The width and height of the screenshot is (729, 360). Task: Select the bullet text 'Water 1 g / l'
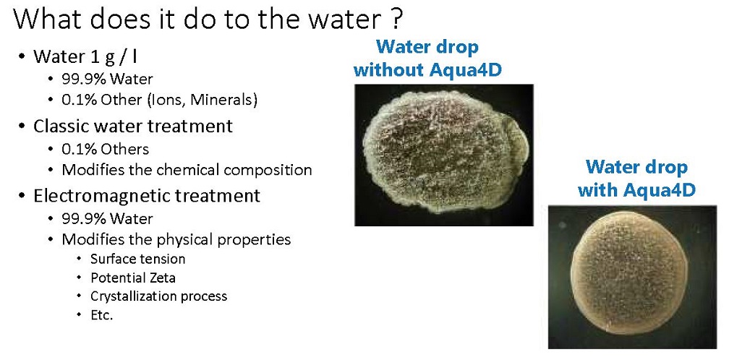(x=85, y=56)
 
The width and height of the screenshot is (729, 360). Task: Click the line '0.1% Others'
(x=105, y=149)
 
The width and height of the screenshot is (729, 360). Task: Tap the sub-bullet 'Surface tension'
(x=137, y=258)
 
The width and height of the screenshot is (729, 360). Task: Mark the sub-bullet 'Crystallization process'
(x=158, y=296)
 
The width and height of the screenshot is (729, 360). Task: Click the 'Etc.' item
(x=102, y=315)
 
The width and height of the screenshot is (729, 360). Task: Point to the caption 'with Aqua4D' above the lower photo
(x=636, y=189)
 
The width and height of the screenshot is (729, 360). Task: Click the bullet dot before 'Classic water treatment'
(x=22, y=127)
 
